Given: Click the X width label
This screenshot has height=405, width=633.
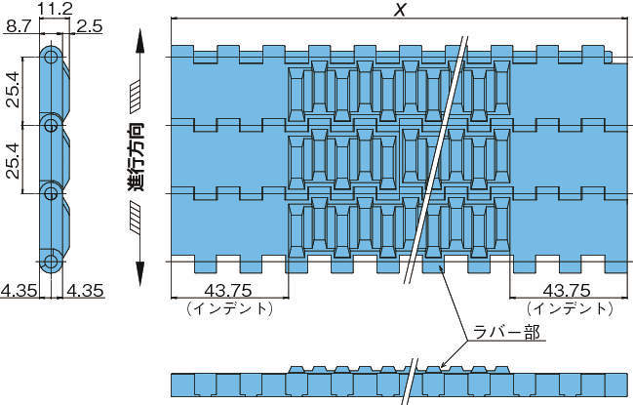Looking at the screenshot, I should click(399, 11).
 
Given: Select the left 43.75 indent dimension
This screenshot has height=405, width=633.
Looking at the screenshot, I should click(228, 290).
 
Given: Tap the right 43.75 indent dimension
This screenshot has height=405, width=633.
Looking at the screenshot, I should click(565, 290).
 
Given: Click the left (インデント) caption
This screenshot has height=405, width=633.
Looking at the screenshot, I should click(228, 307).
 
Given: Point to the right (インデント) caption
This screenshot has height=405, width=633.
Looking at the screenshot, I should click(565, 307).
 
